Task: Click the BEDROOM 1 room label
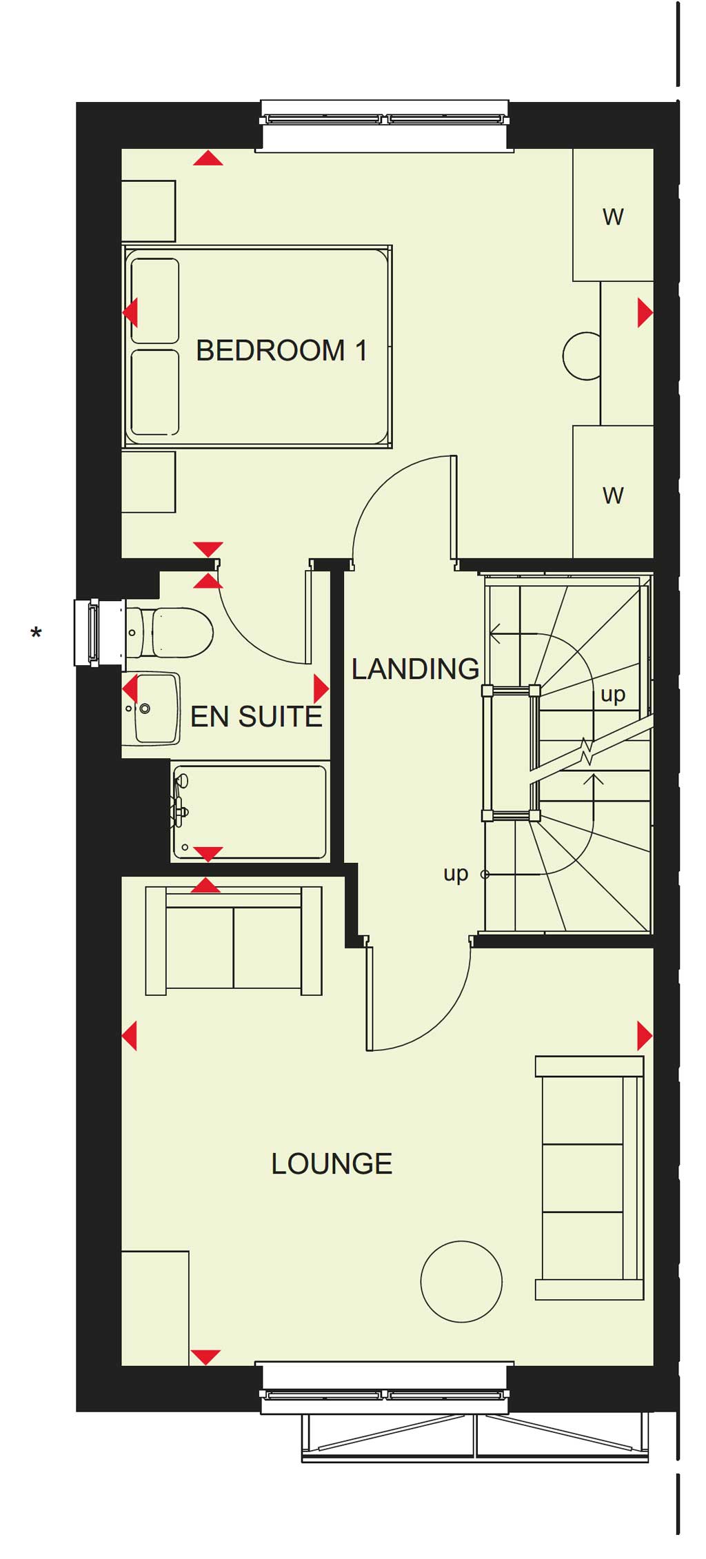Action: tap(281, 351)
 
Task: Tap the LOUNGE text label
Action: tap(332, 1164)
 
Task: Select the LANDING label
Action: tap(415, 669)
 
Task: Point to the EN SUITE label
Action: tap(256, 717)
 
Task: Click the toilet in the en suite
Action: tap(170, 632)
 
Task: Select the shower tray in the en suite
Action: tap(249, 812)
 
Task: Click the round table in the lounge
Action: tap(461, 1281)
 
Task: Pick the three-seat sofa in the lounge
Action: tap(589, 1178)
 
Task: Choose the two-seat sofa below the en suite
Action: tap(234, 941)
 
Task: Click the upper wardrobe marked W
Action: tap(613, 215)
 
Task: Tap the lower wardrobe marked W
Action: tap(613, 492)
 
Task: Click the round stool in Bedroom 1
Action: tap(581, 356)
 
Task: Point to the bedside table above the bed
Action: tap(148, 211)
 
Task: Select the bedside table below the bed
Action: tap(148, 482)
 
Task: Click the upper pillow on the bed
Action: tap(155, 300)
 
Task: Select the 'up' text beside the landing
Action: tap(456, 874)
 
